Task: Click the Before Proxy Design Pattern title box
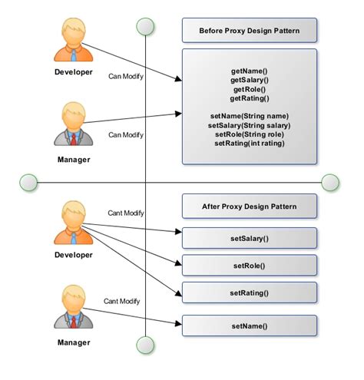click(249, 31)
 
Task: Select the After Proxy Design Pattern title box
click(249, 207)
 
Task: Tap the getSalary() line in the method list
click(249, 79)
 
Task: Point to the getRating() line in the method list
click(249, 98)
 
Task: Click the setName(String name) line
click(249, 116)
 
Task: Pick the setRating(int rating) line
click(249, 143)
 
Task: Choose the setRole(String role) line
click(249, 134)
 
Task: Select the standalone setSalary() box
click(249, 238)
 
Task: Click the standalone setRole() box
click(249, 266)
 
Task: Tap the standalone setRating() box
click(249, 292)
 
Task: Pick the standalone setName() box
click(249, 326)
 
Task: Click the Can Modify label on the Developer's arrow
click(125, 76)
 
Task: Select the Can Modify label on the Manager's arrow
click(125, 134)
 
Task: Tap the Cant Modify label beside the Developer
click(125, 213)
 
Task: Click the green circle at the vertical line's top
click(145, 28)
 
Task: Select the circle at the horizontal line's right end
click(330, 182)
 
